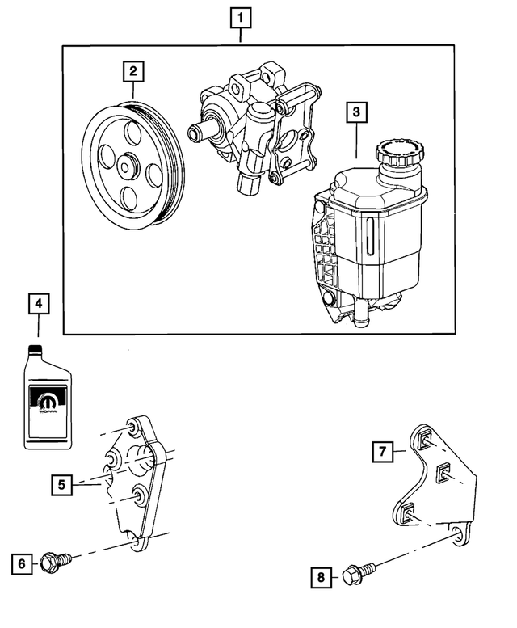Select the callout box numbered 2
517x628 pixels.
pyautogui.click(x=133, y=72)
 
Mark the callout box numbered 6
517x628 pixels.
pyautogui.click(x=23, y=562)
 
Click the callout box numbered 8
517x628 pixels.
pyautogui.click(x=321, y=577)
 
